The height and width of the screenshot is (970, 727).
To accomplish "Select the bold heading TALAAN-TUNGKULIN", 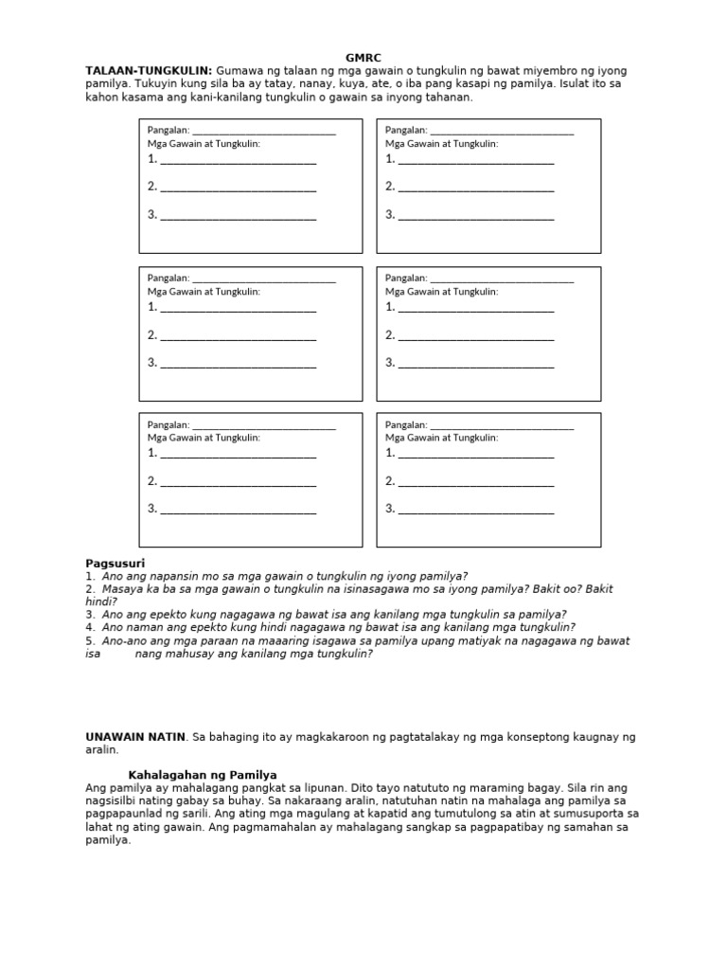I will pyautogui.click(x=149, y=71).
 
